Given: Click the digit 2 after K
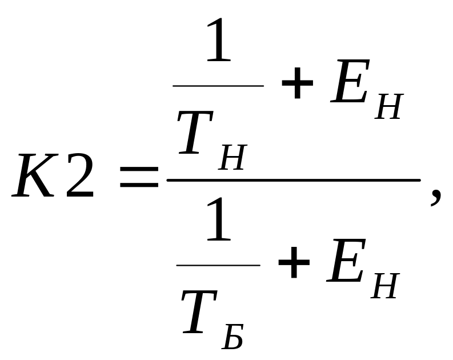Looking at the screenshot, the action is coord(80,175).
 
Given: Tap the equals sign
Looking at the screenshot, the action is coord(139,177).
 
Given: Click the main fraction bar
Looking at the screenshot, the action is coord(294,180).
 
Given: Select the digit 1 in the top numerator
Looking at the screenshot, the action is coord(219,39).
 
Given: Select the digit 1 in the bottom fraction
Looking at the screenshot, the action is coord(219,219).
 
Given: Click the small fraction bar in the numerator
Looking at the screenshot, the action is coord(218,86).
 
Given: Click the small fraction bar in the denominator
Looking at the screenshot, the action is coord(218,265).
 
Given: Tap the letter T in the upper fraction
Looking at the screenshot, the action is coord(195,133).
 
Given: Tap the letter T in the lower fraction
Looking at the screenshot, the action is coord(199,312).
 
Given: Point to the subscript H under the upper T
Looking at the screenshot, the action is coord(233,157).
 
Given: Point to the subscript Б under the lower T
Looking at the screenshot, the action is coord(233,337).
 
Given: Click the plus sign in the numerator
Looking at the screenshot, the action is coord(297,83).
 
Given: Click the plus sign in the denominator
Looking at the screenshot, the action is coord(294,262).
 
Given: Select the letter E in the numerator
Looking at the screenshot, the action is coord(350,81).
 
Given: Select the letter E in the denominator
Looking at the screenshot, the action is coord(346,260).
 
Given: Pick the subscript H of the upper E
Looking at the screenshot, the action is coord(389,106).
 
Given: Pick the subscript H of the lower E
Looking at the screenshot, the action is coord(385,286).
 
